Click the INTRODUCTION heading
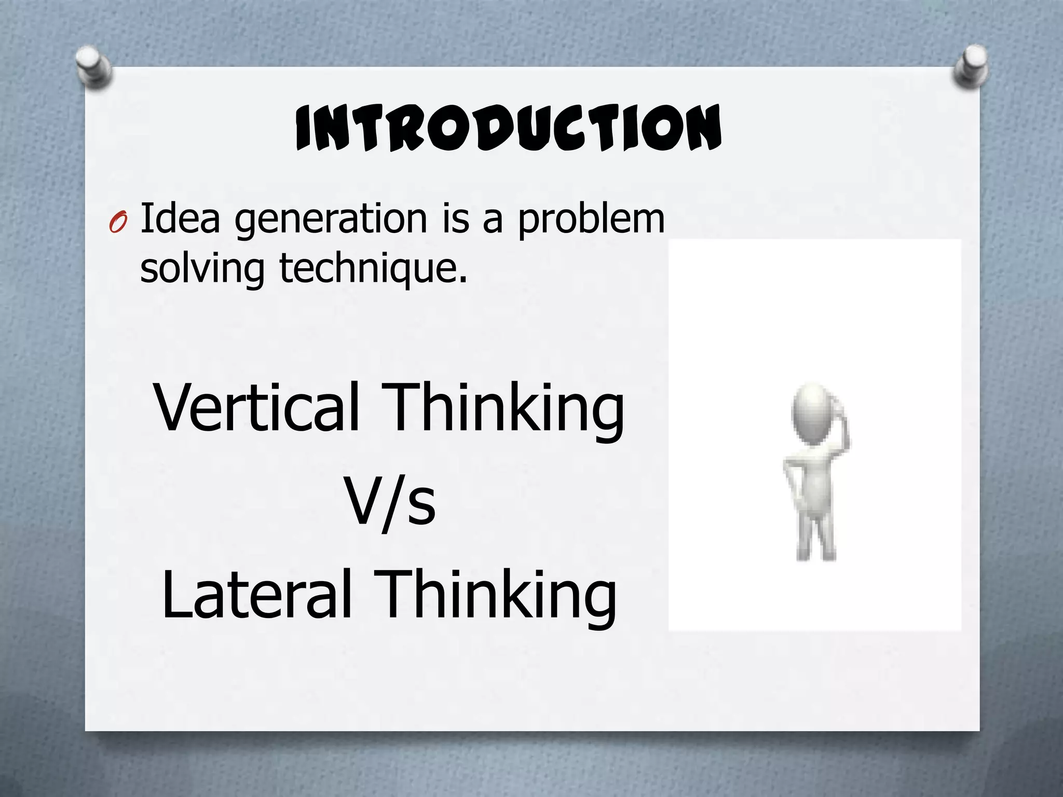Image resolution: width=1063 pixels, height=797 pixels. [508, 127]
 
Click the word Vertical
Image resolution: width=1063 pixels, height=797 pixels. [256, 407]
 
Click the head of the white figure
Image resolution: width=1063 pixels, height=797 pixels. [809, 413]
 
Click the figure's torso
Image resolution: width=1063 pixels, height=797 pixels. [816, 477]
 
